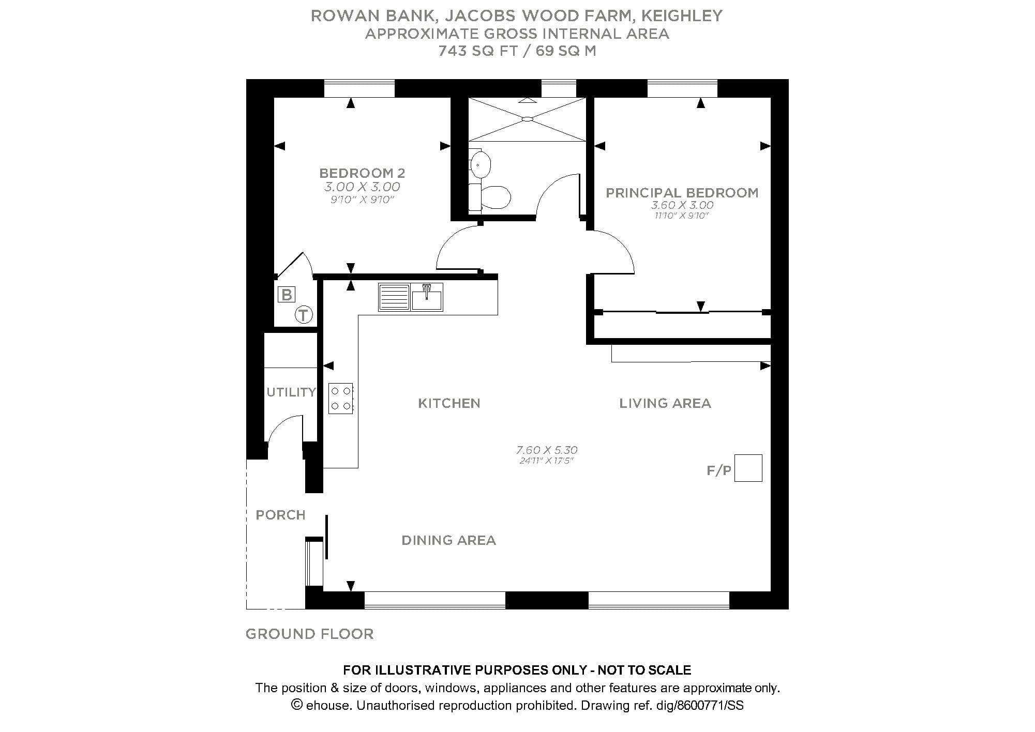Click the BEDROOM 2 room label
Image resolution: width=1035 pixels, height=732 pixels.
tap(362, 173)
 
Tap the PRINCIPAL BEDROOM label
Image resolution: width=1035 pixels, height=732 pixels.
tap(682, 193)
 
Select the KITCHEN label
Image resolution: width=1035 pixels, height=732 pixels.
tap(449, 403)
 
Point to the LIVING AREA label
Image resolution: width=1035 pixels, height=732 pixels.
tap(665, 403)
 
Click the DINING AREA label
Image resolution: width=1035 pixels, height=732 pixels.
tap(448, 540)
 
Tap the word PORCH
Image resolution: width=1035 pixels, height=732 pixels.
tap(280, 515)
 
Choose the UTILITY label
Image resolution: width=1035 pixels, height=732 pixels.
tap(291, 392)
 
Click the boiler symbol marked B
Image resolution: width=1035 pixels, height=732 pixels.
tap(286, 295)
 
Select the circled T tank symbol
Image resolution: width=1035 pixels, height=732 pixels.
tap(304, 315)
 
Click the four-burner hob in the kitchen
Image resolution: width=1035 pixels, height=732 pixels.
tap(340, 398)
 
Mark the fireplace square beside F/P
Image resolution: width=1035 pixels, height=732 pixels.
tap(748, 468)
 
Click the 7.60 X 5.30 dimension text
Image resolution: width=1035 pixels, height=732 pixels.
tap(547, 450)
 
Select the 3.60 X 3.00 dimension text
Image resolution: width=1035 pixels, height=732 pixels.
tap(682, 205)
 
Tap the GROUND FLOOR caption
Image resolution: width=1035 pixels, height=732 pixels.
tap(309, 634)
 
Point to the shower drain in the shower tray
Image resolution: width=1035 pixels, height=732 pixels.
tap(527, 119)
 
